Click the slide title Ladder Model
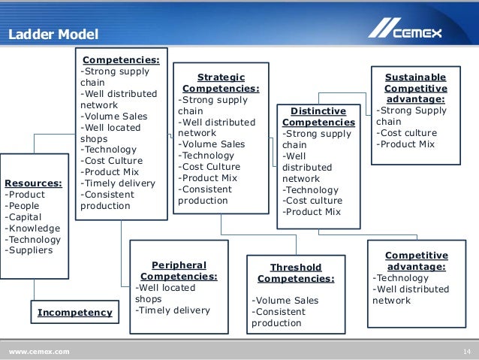point(53,35)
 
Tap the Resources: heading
point(33,182)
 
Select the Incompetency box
point(74,312)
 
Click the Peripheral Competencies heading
point(179,271)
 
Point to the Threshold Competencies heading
point(295,273)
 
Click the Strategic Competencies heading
point(221,83)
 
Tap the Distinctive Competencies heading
point(318,116)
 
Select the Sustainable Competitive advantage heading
point(415,88)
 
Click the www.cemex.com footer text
point(39,352)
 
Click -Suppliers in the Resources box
point(29,250)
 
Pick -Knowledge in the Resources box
point(32,228)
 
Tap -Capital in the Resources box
point(26,216)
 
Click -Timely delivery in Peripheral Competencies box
point(173,310)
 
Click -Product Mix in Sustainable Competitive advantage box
point(407,144)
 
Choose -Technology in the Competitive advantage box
point(401,277)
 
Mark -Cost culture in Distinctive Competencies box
point(312,201)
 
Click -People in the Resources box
point(25,205)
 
